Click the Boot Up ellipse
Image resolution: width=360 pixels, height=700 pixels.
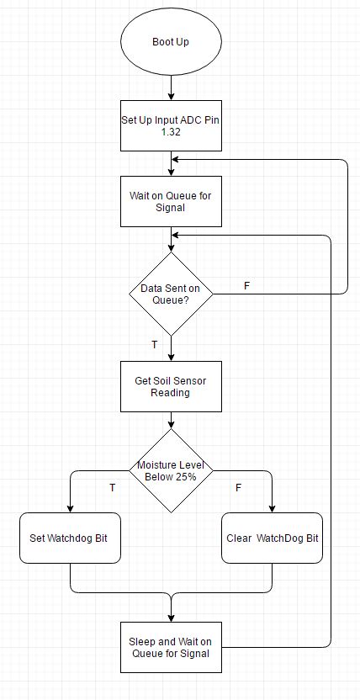pos(171,41)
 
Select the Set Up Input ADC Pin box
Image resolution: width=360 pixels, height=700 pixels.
pos(172,125)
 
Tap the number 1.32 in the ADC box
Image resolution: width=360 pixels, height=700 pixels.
pos(171,133)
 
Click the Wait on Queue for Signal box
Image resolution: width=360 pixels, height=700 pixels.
pos(172,201)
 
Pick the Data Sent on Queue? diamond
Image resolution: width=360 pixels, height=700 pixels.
pos(172,294)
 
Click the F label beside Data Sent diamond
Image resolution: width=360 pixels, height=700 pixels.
pos(246,286)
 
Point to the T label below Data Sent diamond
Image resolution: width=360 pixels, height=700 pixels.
pos(155,344)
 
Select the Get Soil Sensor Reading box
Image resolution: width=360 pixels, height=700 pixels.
pos(172,387)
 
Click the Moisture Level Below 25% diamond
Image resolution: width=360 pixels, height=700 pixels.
pos(172,470)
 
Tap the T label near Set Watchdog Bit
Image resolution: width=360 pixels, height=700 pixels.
pos(113,487)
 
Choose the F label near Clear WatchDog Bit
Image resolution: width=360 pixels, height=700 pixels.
pos(238,487)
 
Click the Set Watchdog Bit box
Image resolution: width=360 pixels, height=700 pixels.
pos(70,538)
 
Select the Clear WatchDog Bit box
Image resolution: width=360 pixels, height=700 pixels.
pos(273,538)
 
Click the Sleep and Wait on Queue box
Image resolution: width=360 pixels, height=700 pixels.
pos(172,647)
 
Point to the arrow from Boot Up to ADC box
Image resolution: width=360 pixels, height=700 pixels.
pos(172,88)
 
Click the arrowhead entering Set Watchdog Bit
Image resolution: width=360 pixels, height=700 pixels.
pos(70,508)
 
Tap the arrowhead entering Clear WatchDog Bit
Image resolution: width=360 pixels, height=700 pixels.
pos(273,508)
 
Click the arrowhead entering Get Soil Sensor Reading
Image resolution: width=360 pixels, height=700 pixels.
pos(172,357)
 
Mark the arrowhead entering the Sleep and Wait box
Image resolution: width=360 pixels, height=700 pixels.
pos(172,618)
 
